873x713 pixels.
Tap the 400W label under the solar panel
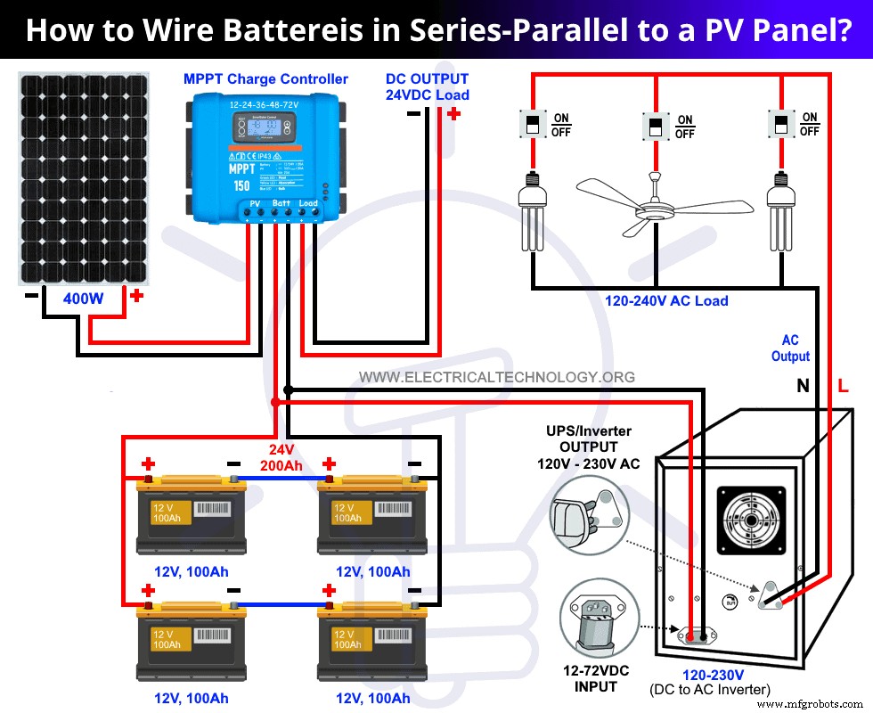tap(83, 299)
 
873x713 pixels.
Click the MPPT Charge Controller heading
tap(265, 79)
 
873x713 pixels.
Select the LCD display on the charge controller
tap(265, 130)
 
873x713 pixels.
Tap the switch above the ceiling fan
tap(656, 126)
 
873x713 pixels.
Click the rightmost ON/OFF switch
tap(781, 124)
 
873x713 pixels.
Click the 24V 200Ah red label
tap(281, 457)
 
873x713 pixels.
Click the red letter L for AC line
tap(843, 386)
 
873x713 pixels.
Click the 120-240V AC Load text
tap(666, 301)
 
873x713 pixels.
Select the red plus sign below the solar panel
tap(135, 296)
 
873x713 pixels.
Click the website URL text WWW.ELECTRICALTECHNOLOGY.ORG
tap(497, 377)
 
